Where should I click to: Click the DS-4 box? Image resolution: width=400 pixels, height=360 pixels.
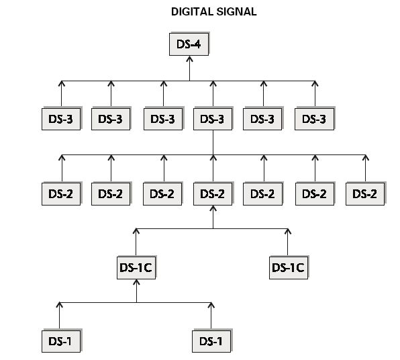[189, 44]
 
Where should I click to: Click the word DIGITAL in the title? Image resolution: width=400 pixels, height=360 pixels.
[192, 11]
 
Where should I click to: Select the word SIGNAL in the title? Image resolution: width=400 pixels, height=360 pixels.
[236, 11]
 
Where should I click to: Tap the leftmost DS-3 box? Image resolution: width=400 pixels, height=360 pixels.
[61, 119]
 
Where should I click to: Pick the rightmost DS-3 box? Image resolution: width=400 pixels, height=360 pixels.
[314, 119]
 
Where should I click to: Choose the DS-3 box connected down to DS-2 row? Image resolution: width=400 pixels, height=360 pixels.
[213, 119]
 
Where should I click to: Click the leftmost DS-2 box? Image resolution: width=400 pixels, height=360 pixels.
[61, 194]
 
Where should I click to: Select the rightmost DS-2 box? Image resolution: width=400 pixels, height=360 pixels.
[365, 194]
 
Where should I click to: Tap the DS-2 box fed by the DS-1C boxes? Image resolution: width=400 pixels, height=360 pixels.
[213, 194]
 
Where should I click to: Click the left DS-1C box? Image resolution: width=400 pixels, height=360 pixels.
[136, 268]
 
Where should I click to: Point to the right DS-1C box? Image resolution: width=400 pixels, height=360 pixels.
[289, 268]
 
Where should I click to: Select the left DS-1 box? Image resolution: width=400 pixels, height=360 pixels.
[61, 341]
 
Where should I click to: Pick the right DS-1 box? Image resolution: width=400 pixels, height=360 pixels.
[211, 341]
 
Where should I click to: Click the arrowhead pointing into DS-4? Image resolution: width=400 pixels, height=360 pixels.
[189, 59]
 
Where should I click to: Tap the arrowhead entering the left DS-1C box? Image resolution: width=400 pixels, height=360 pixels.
[136, 282]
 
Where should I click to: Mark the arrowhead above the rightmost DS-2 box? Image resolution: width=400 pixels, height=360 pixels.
[366, 158]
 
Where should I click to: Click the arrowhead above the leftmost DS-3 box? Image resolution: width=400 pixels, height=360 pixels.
[62, 84]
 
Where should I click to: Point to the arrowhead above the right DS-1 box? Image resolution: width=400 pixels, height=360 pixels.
[211, 306]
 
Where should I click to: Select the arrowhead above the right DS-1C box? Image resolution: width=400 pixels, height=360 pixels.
[288, 232]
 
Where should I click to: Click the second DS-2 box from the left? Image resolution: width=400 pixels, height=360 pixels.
[111, 194]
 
